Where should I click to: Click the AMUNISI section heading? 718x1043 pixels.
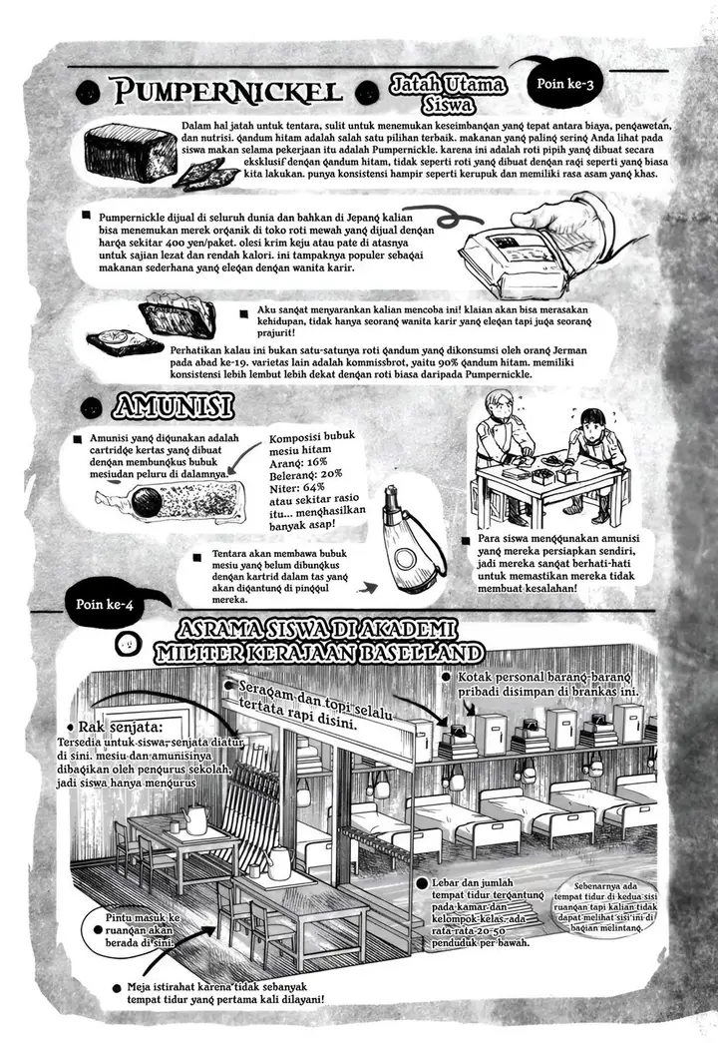click(174, 406)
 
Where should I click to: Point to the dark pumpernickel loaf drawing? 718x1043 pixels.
click(129, 153)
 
